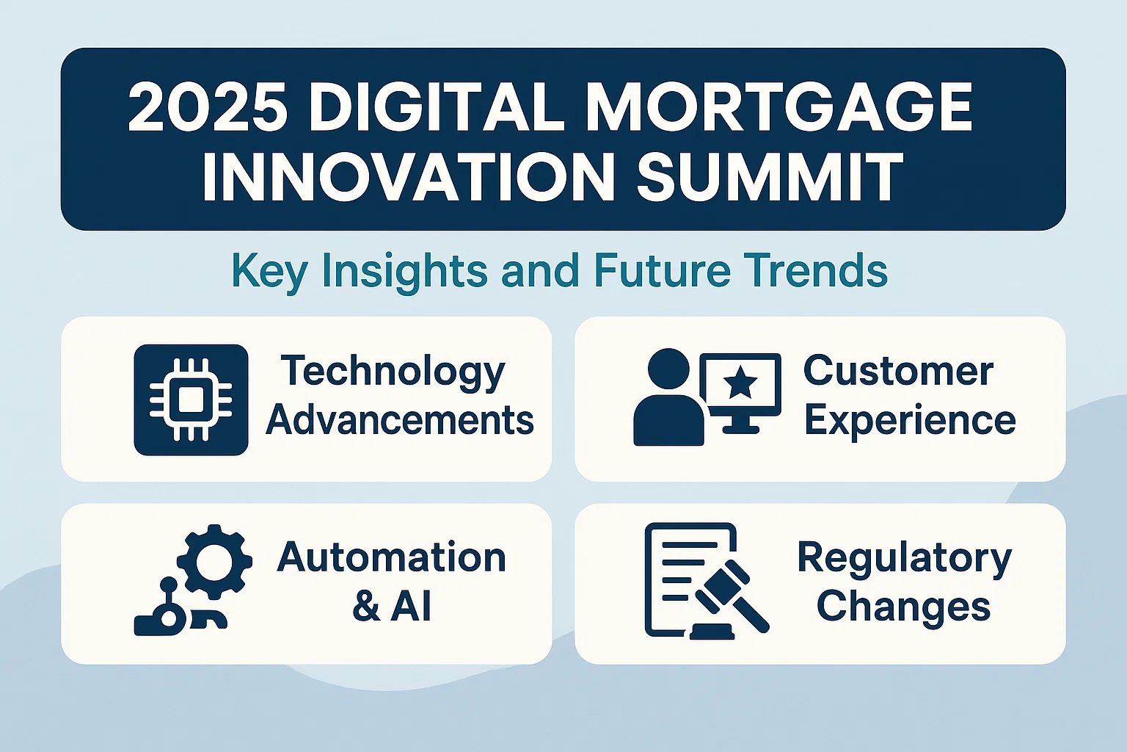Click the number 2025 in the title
tap(208, 107)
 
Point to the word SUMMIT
tap(769, 177)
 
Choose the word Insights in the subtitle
tap(404, 271)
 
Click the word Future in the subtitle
tap(662, 270)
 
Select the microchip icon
tap(191, 399)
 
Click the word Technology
tap(393, 372)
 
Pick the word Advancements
tap(400, 420)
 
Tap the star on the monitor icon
tap(740, 383)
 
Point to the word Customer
tap(898, 371)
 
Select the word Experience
tap(910, 421)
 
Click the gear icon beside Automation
tap(214, 561)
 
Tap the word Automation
tap(392, 557)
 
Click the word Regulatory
tap(904, 558)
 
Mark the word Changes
tap(903, 607)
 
